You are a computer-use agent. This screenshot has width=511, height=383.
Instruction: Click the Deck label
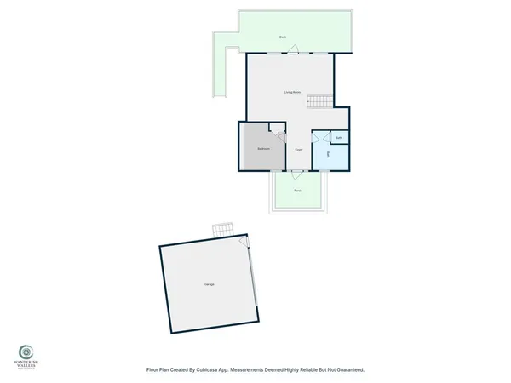click(x=282, y=37)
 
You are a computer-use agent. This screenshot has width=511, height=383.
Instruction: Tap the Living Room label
click(x=293, y=92)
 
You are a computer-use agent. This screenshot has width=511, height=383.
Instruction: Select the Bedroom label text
click(x=264, y=149)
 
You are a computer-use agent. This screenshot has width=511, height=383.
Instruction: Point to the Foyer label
click(x=299, y=150)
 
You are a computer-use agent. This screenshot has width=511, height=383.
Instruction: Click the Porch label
click(x=298, y=191)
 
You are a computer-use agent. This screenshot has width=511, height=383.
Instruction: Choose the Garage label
click(x=209, y=283)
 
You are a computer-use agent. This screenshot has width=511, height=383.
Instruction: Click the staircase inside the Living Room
click(x=318, y=102)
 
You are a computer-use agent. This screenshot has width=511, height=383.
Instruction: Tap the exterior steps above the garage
click(x=222, y=230)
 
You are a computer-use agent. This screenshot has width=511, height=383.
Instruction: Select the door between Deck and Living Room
click(x=292, y=54)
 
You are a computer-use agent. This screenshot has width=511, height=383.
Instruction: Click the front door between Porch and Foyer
click(x=297, y=172)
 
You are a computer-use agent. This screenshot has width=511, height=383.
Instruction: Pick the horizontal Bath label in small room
click(x=338, y=137)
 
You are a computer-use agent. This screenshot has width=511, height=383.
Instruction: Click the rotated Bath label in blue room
click(x=329, y=155)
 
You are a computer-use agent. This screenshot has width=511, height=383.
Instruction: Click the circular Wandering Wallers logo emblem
click(x=26, y=351)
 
